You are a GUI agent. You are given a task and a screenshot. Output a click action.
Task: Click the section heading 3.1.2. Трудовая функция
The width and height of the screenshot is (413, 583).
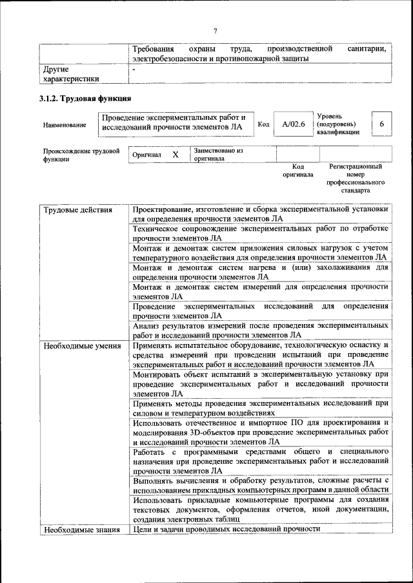(x=86, y=99)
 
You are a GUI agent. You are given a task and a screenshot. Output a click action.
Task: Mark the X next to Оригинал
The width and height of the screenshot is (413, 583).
(x=175, y=155)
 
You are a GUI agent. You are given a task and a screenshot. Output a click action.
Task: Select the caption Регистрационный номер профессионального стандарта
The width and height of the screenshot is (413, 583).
(x=356, y=178)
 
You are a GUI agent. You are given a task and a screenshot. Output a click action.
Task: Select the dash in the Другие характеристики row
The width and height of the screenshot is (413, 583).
(x=134, y=68)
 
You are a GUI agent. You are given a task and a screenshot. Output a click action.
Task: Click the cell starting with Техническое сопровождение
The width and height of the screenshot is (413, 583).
(x=260, y=233)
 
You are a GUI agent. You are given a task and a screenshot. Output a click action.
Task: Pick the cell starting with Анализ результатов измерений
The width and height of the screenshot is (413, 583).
(x=260, y=330)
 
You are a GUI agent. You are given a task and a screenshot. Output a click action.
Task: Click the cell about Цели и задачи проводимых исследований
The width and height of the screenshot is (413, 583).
(x=227, y=529)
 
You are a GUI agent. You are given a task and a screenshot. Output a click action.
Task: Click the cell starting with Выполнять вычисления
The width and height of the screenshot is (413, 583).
(x=260, y=485)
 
